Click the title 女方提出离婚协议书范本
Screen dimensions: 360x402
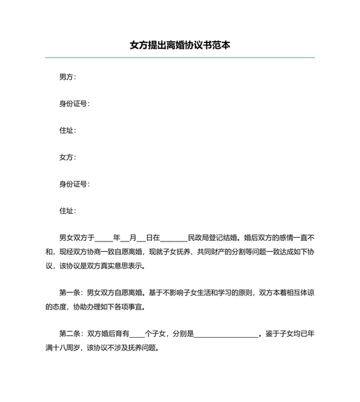180,46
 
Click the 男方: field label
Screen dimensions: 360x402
67,77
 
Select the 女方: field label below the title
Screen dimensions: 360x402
67,157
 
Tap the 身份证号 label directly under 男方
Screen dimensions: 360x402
74,104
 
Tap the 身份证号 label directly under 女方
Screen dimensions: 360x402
74,184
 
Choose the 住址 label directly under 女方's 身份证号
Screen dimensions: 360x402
67,211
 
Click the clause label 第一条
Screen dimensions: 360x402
71,292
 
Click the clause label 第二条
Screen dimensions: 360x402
71,333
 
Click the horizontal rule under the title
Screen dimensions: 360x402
180,58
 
